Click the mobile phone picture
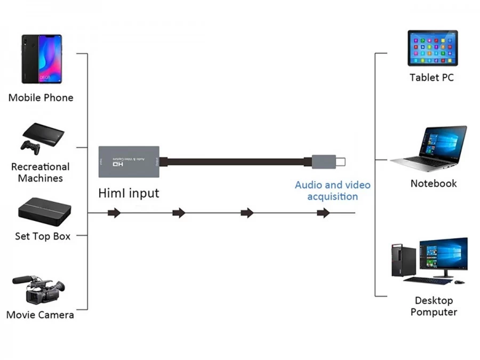pos(42,59)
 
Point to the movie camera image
pos(39,288)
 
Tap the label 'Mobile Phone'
pos(41,98)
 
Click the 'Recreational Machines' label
pos(41,172)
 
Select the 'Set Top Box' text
pos(43,236)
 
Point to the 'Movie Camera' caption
pos(40,315)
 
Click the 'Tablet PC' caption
pos(431,77)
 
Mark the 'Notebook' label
pos(434,183)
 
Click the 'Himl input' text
pos(129,193)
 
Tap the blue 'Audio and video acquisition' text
pos(333,190)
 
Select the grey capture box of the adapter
pos(130,161)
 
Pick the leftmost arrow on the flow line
pos(114,213)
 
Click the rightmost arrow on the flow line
pos(323,213)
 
